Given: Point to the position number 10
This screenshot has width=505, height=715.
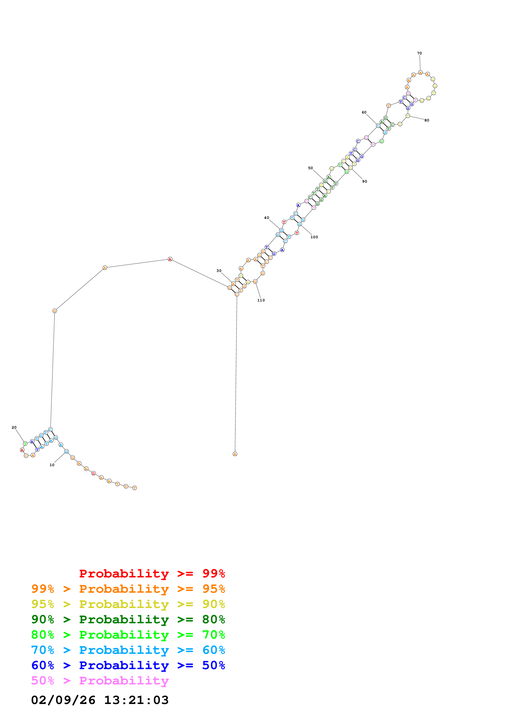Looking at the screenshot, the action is tap(52, 465).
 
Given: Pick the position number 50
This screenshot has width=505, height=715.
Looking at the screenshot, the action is tap(310, 168).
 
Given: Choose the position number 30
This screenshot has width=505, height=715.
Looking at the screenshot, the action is tap(219, 271).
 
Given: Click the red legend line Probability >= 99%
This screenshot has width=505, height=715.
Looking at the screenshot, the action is tap(152, 573).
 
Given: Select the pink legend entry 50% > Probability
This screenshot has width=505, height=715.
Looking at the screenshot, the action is tap(100, 680).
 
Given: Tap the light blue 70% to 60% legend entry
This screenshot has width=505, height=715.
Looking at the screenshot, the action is tap(128, 650).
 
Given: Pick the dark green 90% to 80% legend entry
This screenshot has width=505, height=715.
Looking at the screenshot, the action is tap(128, 619).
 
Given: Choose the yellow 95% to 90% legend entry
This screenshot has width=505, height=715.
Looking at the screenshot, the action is tap(128, 604).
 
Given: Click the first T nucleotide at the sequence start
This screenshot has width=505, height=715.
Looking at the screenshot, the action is tap(134, 488).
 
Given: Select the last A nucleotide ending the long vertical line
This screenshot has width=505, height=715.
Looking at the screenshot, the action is tap(235, 454).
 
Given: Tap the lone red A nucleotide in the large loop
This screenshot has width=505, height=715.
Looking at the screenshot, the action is tap(170, 259).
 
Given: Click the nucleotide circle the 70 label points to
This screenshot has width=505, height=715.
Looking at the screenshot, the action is tap(420, 73).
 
